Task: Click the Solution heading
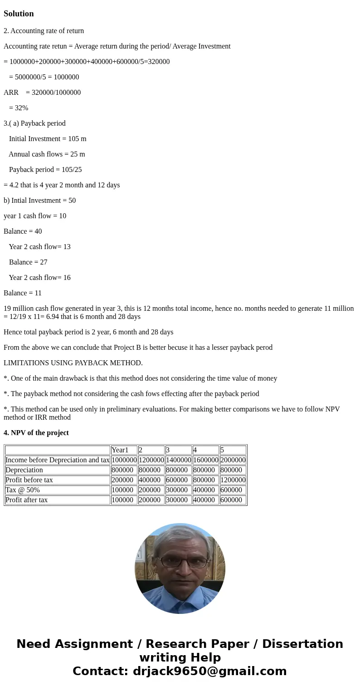pos(19,14)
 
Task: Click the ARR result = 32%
pos(19,108)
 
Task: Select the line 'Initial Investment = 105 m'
pos(48,139)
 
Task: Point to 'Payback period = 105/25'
pos(45,170)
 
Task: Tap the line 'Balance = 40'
pos(23,231)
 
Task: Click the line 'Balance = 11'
pos(23,293)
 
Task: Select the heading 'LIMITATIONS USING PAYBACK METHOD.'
pos(73,363)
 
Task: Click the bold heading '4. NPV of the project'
pos(36,433)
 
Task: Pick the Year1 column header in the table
pos(120,450)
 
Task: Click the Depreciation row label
pos(24,470)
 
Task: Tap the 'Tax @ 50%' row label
pos(23,490)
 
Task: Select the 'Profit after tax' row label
pos(27,500)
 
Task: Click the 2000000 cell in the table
pos(233,460)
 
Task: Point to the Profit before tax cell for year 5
pos(233,480)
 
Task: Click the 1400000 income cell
pos(178,460)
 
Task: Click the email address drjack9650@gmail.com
pos(209,671)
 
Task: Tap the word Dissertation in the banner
pos(302,644)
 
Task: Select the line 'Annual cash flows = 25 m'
pos(47,154)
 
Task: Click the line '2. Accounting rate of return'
pos(44,31)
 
